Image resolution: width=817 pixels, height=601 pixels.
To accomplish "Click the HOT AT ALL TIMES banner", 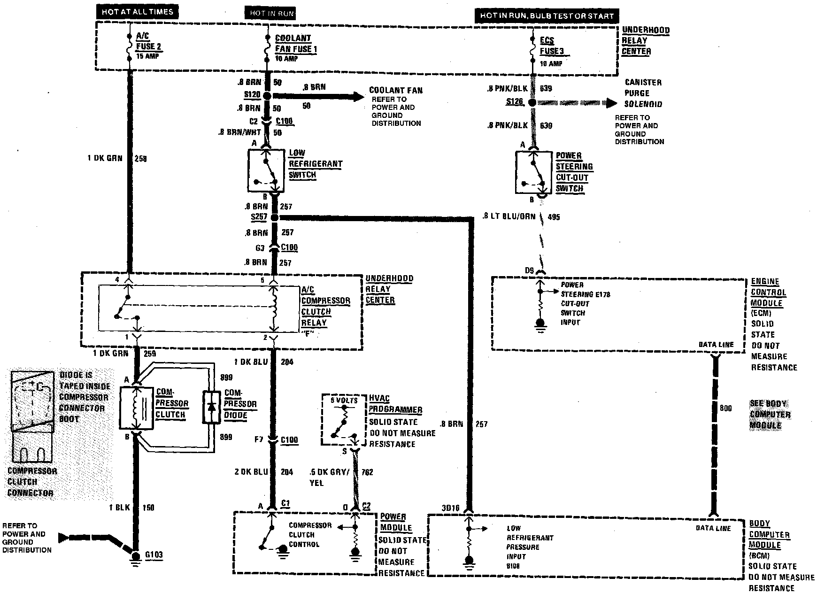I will click(137, 12).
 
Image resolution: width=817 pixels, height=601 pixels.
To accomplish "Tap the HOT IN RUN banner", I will click(272, 13).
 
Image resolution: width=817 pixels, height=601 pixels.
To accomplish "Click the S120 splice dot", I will click(267, 96).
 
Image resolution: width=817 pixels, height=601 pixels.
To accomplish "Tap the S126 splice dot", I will click(532, 102).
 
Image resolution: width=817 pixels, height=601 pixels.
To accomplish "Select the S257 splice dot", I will click(275, 217).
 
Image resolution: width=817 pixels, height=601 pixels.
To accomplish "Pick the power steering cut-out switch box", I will click(533, 172).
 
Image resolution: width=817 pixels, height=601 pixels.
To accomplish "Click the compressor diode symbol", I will click(211, 407).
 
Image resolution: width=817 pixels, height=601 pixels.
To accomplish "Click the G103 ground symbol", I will click(136, 556).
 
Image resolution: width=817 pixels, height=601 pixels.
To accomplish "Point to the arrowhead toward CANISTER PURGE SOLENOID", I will click(611, 103).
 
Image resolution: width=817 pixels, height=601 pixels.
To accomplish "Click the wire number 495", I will click(554, 217).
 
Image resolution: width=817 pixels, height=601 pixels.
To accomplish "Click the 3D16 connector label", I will click(451, 508).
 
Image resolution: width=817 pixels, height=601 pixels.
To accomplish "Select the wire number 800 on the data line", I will click(725, 408).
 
